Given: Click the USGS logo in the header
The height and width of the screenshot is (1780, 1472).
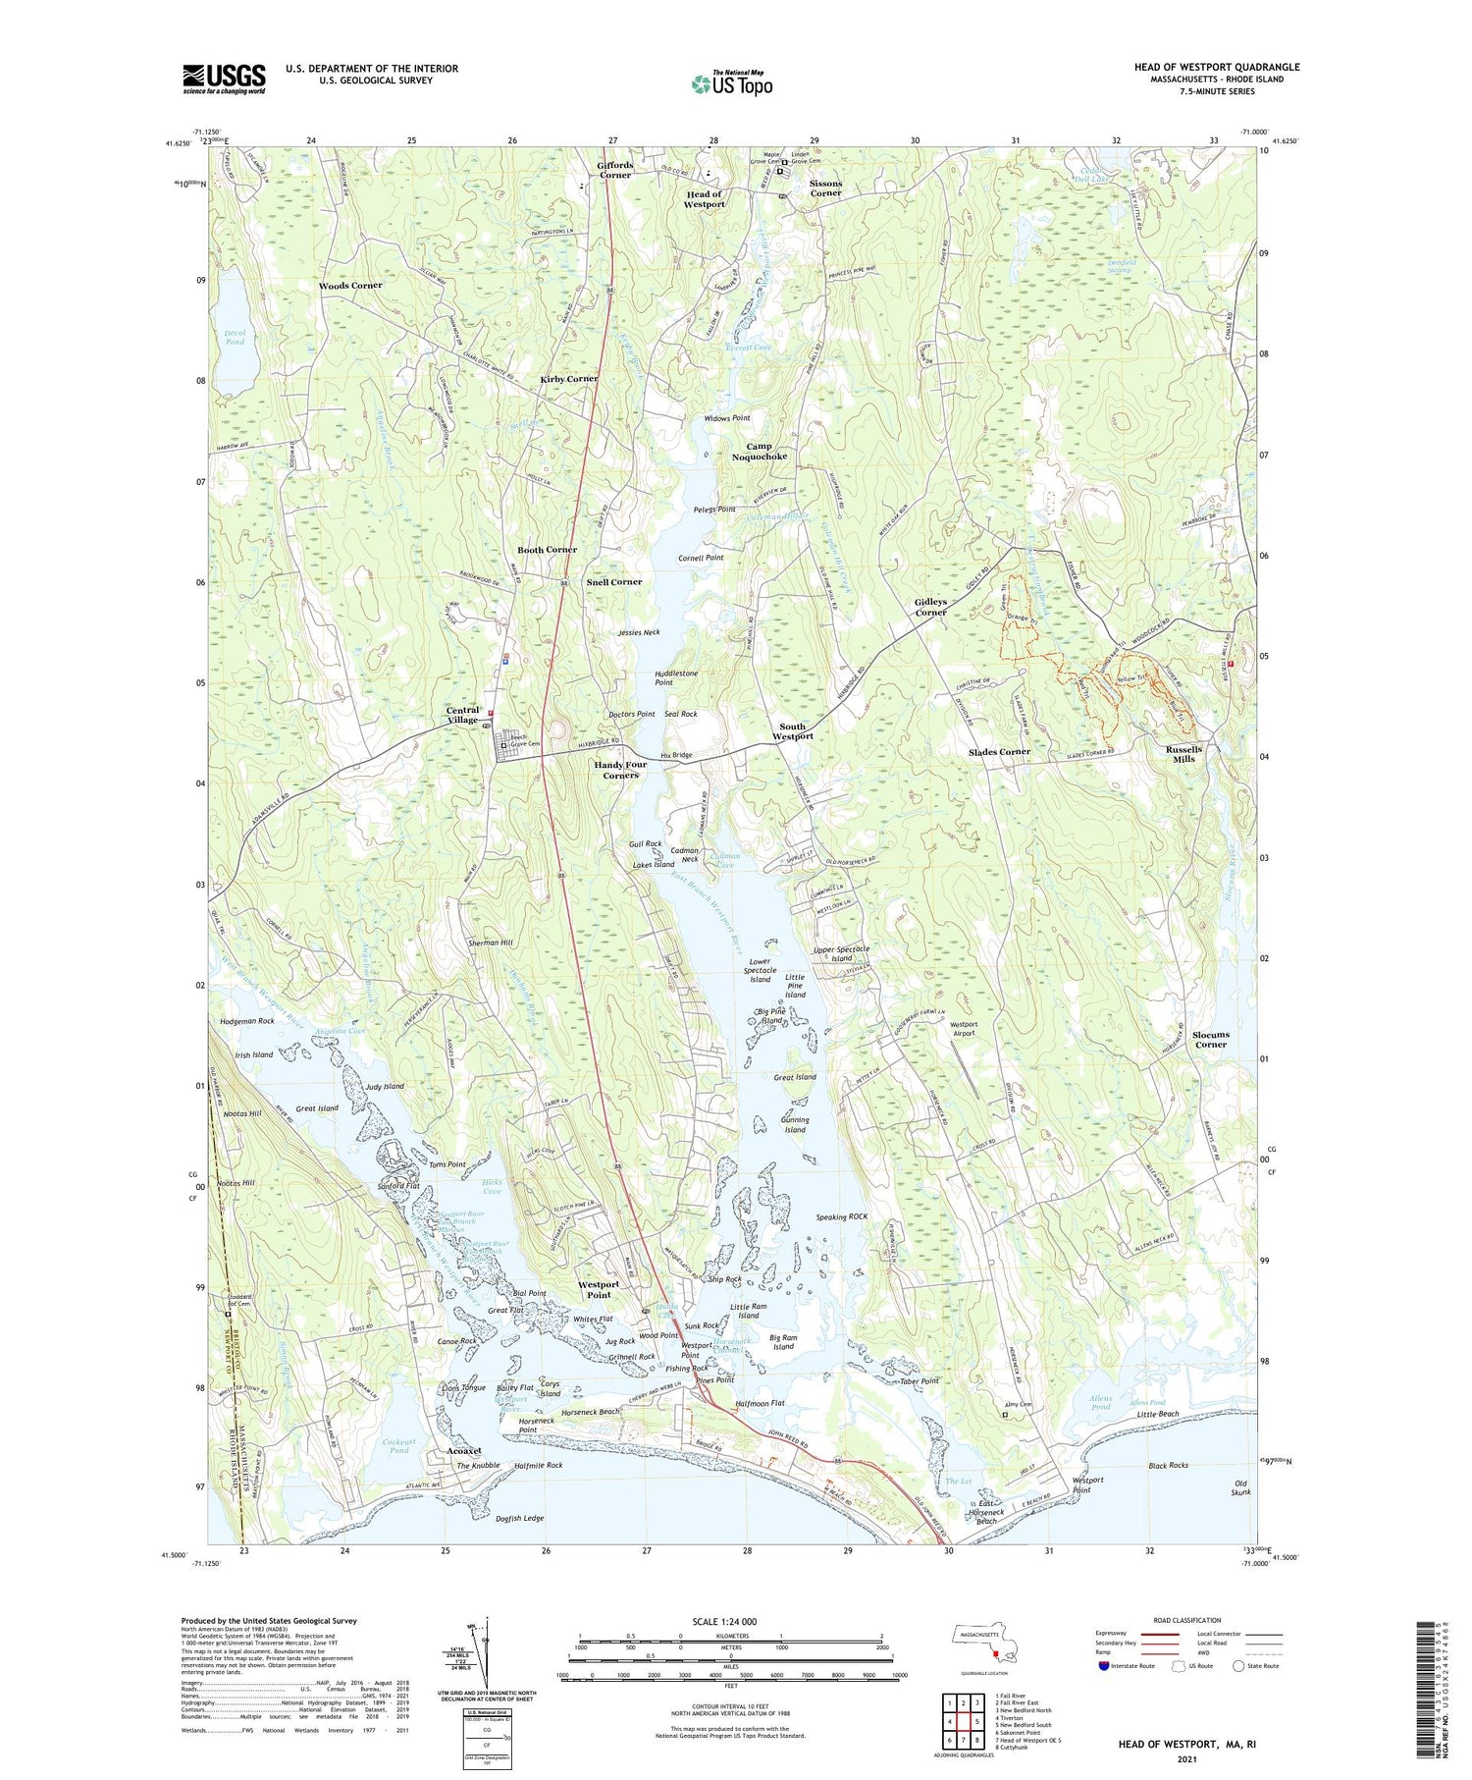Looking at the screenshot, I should click(224, 78).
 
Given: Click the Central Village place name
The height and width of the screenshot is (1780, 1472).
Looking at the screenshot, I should click(462, 714).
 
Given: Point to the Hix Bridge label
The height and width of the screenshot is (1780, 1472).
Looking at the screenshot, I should click(676, 755).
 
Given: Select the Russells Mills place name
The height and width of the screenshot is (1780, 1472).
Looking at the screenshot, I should click(1183, 753).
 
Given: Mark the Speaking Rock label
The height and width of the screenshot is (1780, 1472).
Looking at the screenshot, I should click(842, 1216).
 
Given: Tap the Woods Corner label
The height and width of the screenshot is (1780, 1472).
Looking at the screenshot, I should click(350, 286).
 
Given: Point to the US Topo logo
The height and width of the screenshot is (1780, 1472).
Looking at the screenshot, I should click(731, 84).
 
